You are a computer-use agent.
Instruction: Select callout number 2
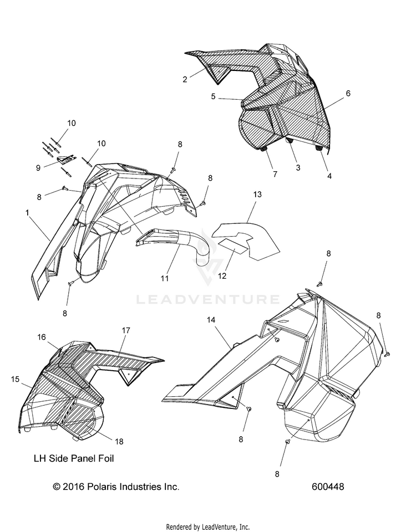pyautogui.click(x=185, y=79)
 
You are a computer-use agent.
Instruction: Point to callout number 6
pyautogui.click(x=348, y=94)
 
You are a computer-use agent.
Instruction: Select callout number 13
pyautogui.click(x=257, y=195)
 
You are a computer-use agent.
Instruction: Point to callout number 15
pyautogui.click(x=15, y=379)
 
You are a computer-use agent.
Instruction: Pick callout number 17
pyautogui.click(x=126, y=330)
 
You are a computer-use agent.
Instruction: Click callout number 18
pyautogui.click(x=119, y=441)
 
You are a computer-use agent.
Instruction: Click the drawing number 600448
pyautogui.click(x=328, y=487)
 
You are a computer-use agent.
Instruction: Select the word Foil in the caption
pyautogui.click(x=106, y=458)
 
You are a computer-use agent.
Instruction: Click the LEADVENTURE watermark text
pyautogui.click(x=208, y=300)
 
